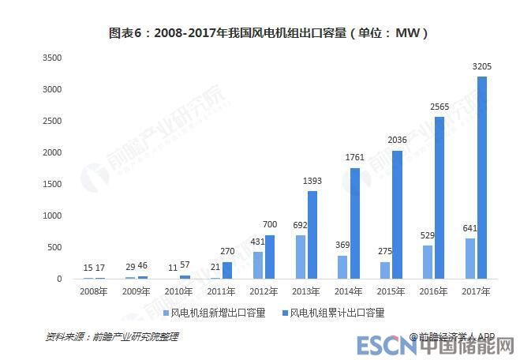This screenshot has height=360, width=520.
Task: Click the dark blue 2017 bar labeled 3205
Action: coord(482,178)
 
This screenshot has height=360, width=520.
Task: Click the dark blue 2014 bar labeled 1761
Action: coord(354,223)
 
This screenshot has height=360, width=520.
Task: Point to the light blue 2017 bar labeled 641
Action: coord(470,258)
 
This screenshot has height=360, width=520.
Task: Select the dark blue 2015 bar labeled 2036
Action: coord(397,215)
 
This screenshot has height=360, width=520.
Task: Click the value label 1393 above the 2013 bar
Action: coord(312,182)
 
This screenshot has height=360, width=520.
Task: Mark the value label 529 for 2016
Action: coord(428,236)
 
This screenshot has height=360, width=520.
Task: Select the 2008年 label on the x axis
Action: coord(94,292)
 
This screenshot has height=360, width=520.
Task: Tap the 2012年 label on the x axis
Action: coord(264,292)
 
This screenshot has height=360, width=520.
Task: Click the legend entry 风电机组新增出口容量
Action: coord(205,313)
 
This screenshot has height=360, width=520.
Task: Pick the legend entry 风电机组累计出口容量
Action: coord(337,313)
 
